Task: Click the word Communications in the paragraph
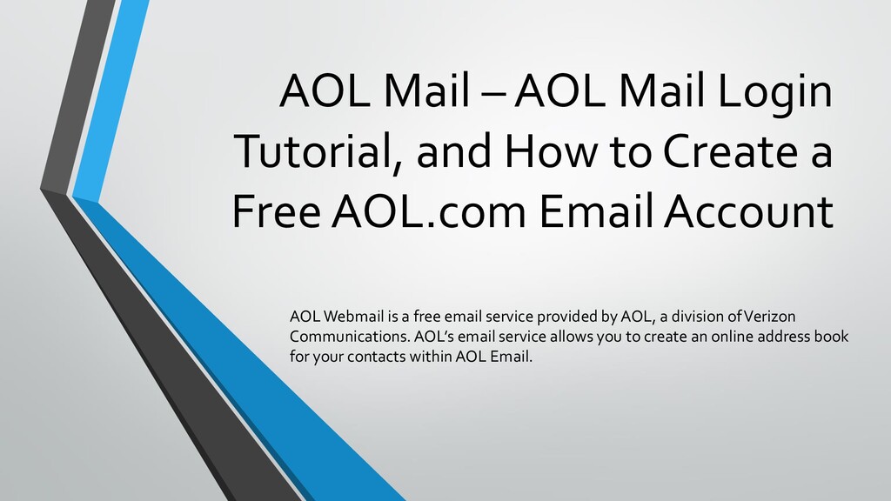click(x=342, y=336)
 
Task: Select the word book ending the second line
click(x=831, y=336)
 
